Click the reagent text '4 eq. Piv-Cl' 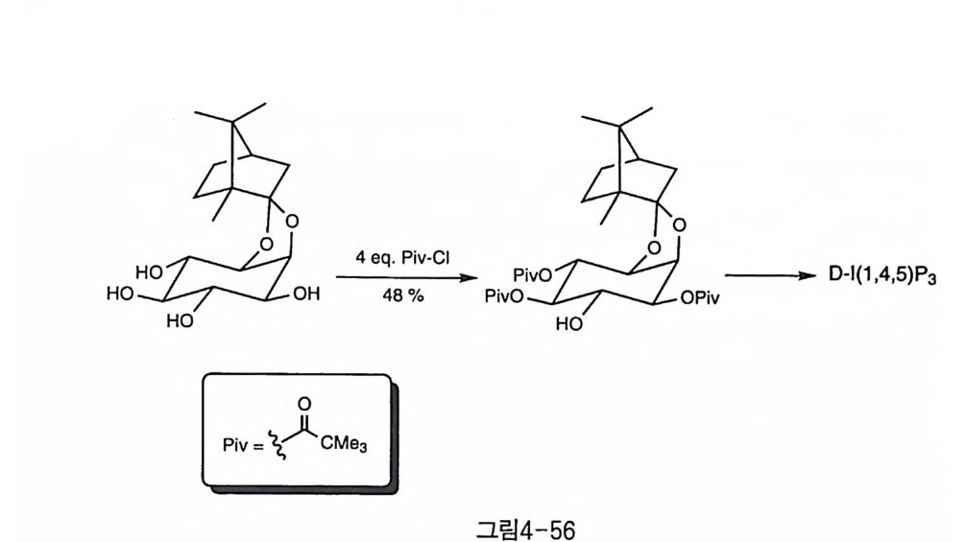395,259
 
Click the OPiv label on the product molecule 700,298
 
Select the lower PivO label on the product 504,297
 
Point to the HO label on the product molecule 570,324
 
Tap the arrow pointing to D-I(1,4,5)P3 763,277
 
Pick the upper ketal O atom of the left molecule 291,223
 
